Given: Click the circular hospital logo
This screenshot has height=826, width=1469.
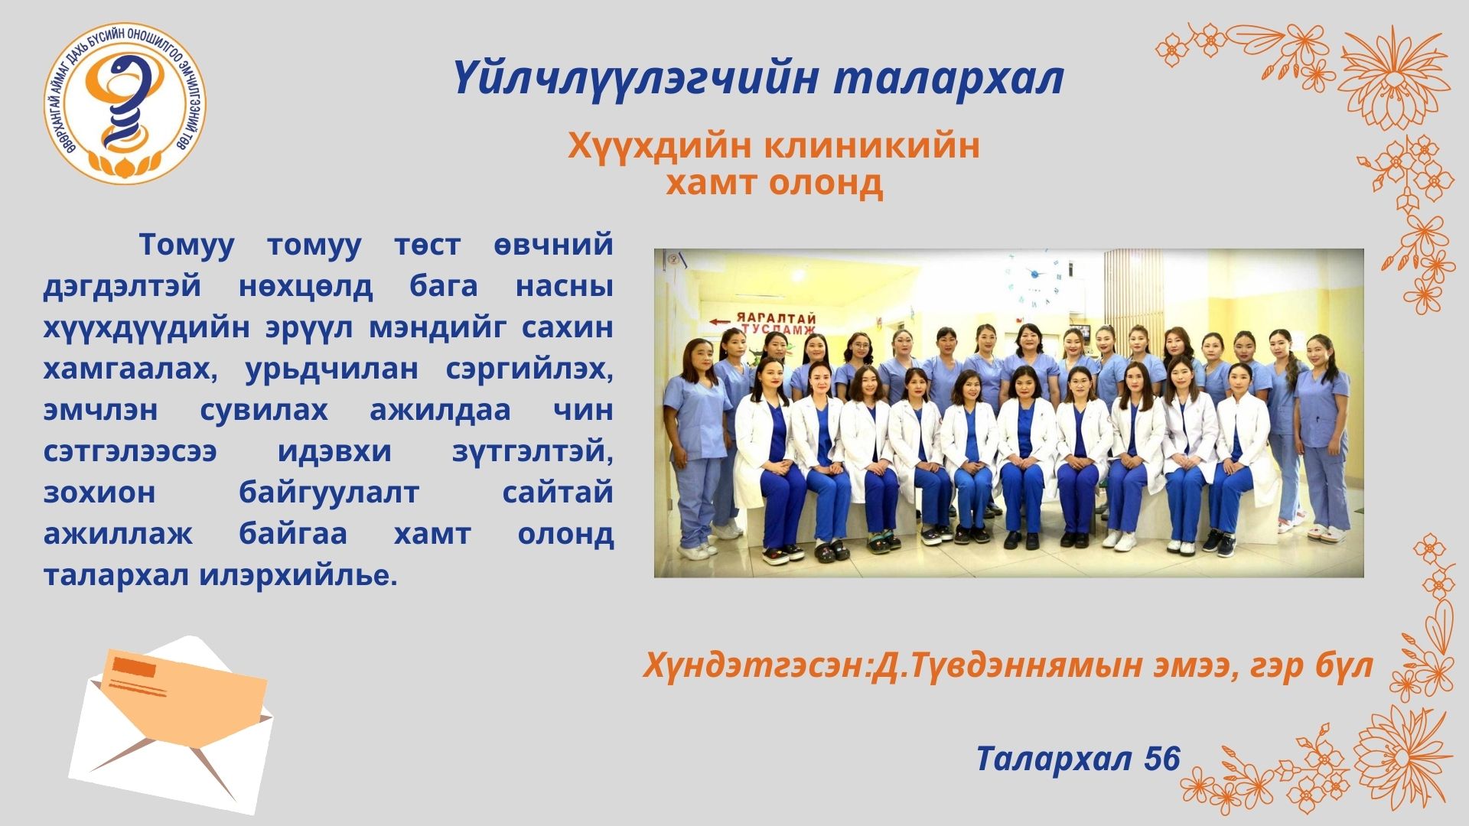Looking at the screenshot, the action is (125, 103).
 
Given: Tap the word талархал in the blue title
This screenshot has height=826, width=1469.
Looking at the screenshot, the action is (949, 79).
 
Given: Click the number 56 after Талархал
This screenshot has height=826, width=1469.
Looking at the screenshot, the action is (1162, 759).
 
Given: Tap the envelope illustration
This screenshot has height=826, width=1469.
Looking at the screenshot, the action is (172, 723).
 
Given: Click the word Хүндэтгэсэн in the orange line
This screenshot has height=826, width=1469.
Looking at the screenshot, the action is (755, 666).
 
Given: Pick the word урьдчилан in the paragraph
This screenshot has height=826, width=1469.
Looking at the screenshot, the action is (331, 369).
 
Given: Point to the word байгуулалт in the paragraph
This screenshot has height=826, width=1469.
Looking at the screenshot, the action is (329, 493).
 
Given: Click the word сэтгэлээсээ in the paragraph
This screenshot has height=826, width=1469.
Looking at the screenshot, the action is (130, 451).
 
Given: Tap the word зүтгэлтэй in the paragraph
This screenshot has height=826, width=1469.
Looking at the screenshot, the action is (533, 452).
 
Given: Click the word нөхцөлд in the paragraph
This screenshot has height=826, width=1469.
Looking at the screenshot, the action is (305, 287).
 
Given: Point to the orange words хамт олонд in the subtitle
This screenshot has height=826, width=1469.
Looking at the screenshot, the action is (774, 183).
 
